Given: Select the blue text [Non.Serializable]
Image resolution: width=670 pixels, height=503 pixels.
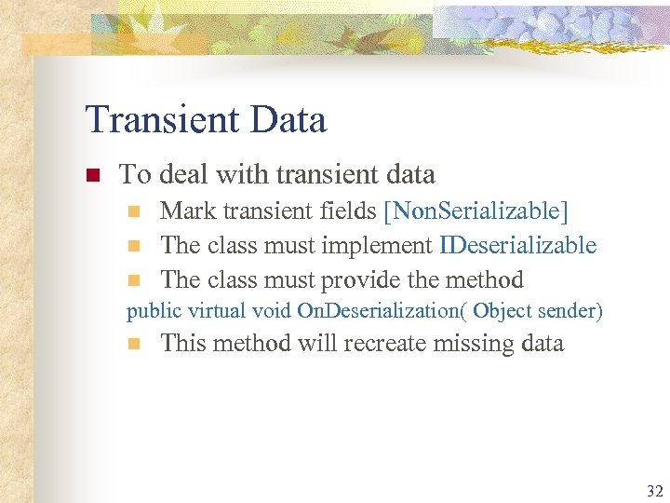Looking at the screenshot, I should [476, 211].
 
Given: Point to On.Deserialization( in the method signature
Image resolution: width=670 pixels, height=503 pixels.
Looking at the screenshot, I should [382, 310].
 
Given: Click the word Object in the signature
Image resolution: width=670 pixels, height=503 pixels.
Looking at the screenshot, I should [503, 310].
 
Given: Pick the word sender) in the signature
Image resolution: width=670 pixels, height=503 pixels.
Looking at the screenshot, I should [569, 310].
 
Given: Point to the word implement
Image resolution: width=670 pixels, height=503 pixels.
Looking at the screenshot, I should [377, 246].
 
